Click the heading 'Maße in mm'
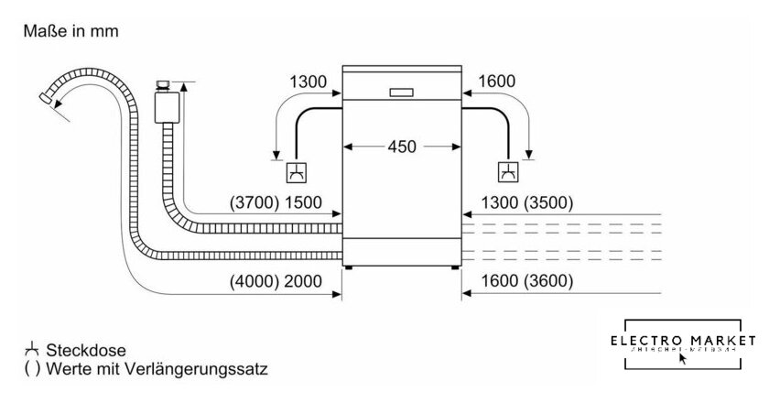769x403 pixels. pos(66,31)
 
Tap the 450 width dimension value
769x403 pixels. pos(400,146)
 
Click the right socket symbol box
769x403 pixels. pos(507,171)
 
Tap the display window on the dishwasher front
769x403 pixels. pos(401,93)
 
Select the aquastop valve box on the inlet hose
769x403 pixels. pos(167,106)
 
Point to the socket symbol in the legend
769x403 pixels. pos(34,349)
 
